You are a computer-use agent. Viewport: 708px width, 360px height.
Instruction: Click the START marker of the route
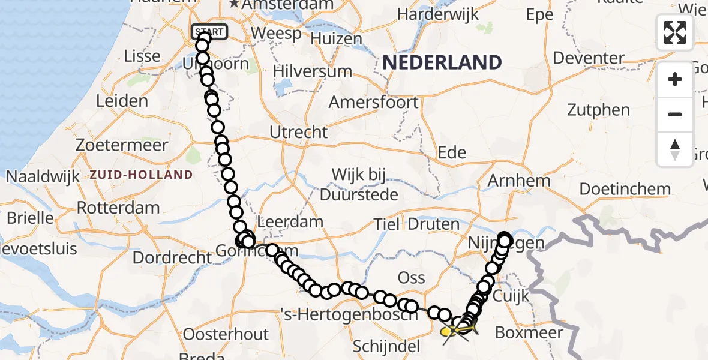point(209,32)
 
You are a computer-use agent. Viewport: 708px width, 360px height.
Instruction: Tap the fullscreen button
point(675,32)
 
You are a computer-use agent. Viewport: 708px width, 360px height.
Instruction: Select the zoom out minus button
point(675,114)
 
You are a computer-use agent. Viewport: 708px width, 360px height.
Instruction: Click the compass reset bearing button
point(675,149)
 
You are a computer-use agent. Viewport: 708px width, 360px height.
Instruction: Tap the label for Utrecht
point(299,132)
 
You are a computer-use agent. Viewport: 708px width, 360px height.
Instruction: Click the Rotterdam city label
point(118,208)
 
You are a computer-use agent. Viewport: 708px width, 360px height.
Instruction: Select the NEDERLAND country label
point(442,62)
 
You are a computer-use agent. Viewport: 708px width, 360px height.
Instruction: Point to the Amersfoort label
point(373,102)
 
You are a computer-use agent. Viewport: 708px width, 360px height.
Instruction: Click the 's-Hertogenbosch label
point(348,313)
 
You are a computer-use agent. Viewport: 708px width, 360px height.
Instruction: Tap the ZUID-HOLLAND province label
point(141,175)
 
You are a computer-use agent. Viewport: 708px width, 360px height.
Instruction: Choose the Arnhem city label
point(519,180)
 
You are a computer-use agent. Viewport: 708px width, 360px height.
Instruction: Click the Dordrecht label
point(172,258)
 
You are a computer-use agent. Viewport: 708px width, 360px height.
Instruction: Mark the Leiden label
point(122,100)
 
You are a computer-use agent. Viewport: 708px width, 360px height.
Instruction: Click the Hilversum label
point(312,71)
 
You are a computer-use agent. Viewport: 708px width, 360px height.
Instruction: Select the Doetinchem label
point(625,189)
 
